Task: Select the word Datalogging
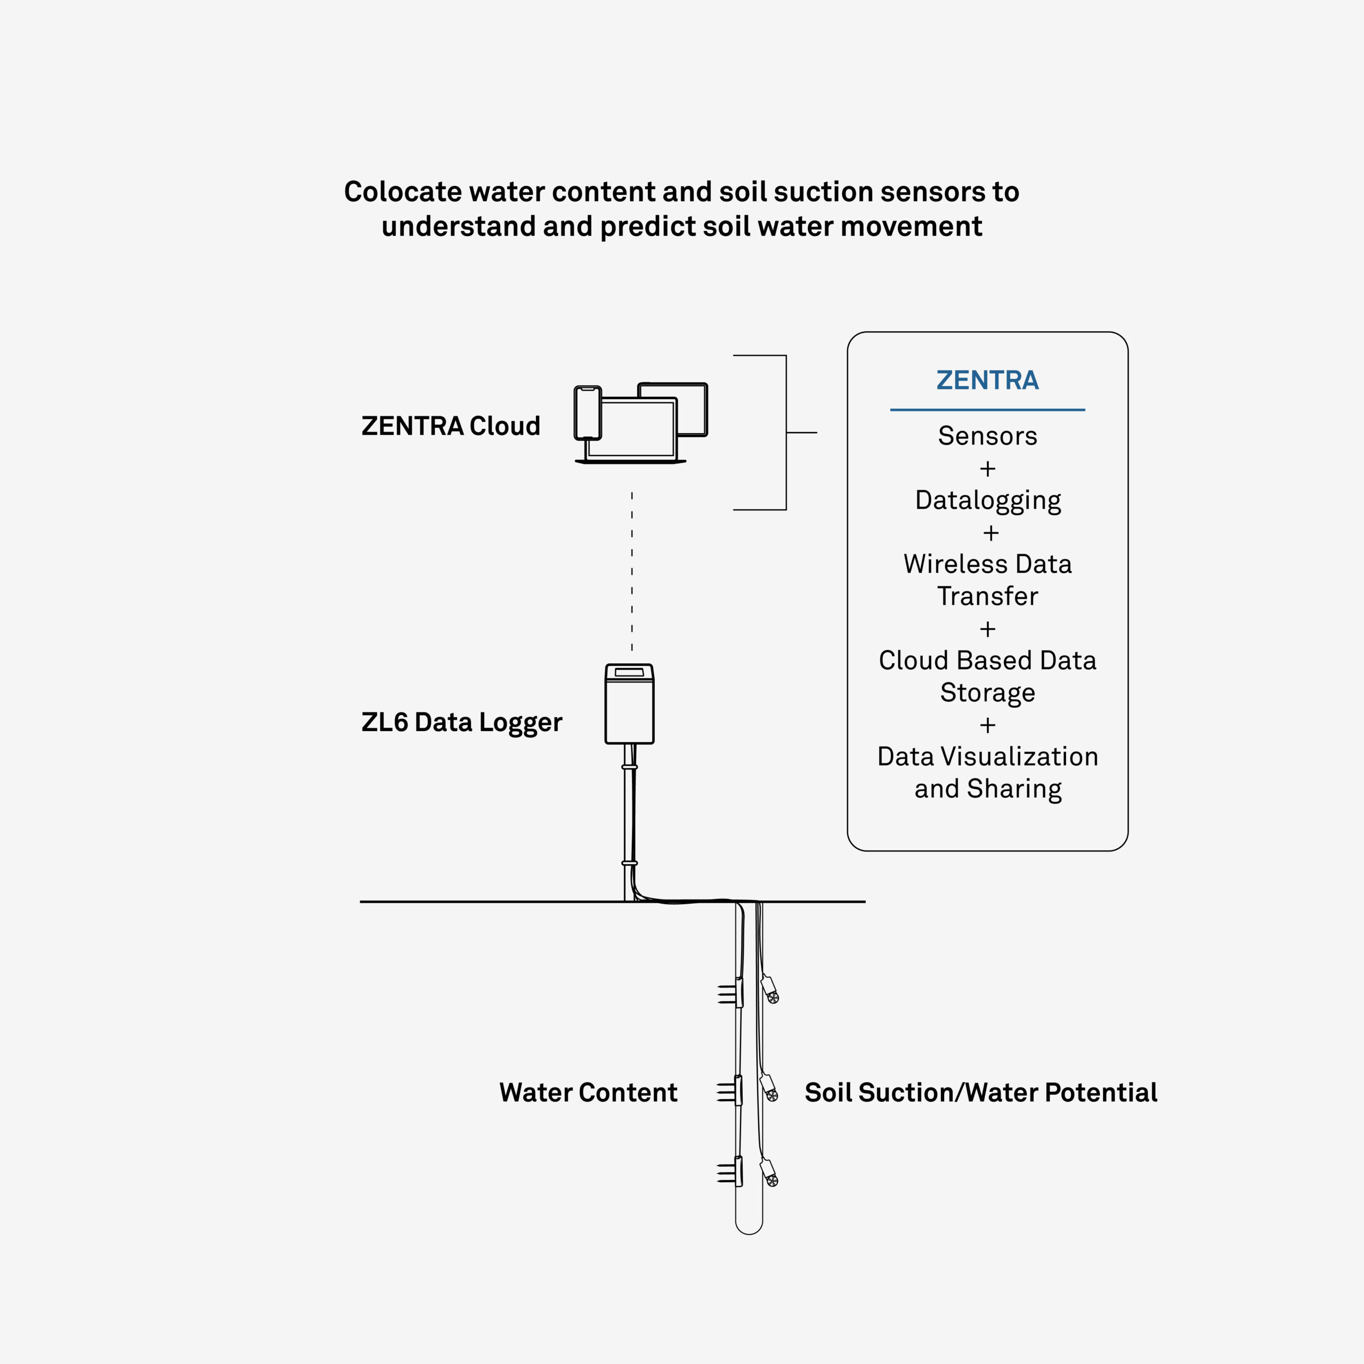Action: [988, 500]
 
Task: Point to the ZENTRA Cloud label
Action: [450, 426]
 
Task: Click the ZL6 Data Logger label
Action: [462, 723]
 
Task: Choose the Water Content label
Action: [588, 1092]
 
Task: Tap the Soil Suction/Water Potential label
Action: [980, 1092]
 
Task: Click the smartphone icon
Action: [587, 413]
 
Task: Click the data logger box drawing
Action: [629, 704]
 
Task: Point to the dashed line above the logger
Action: [632, 571]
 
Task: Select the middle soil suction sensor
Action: [769, 1088]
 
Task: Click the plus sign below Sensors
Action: [988, 469]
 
